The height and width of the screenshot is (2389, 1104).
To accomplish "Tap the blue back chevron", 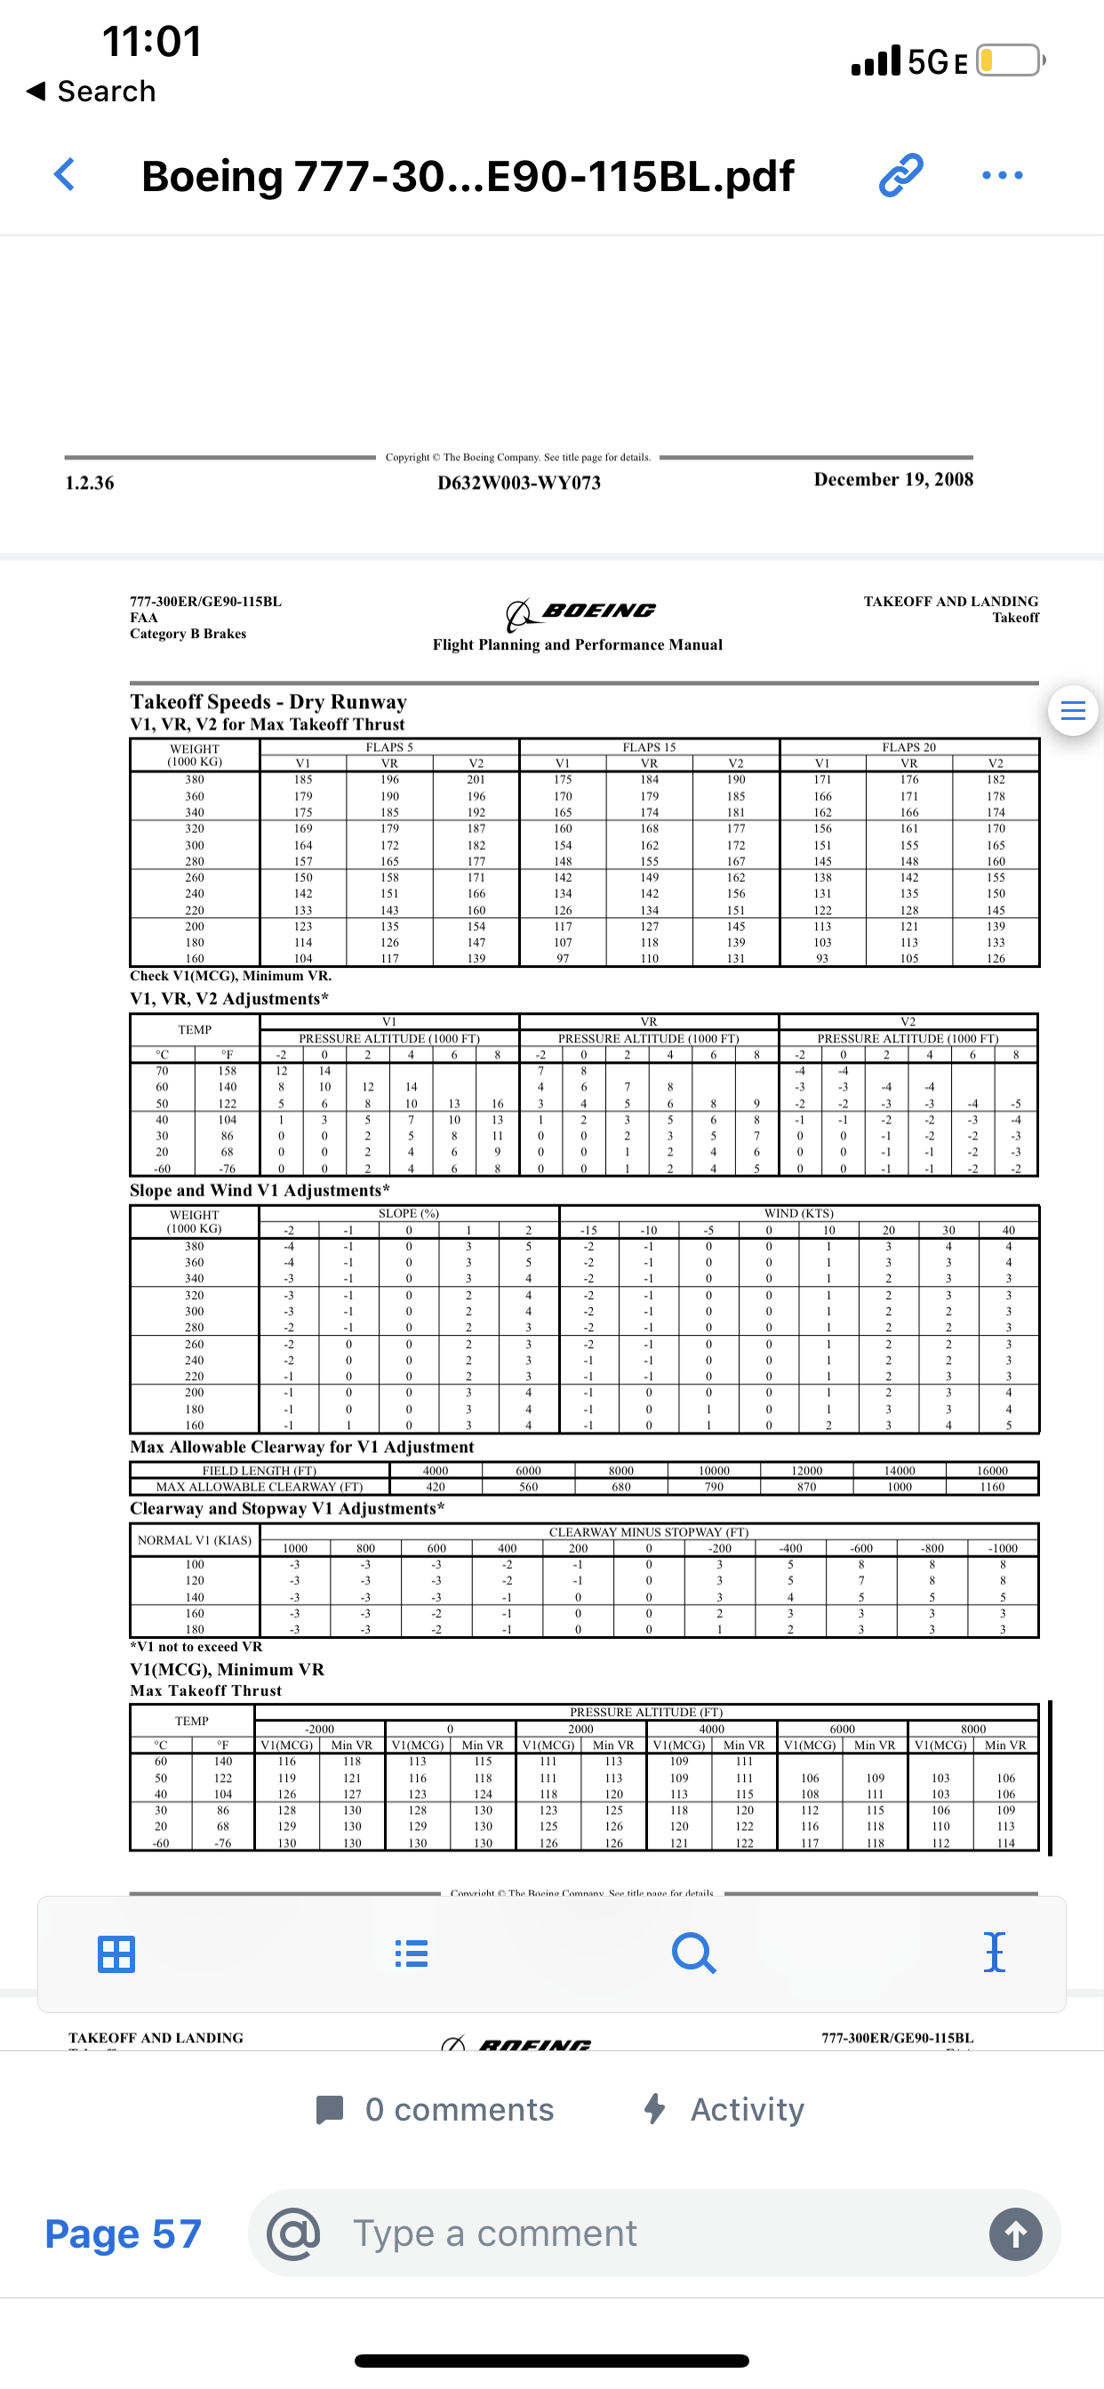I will pyautogui.click(x=64, y=174).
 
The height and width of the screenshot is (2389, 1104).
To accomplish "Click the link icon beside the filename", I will pyautogui.click(x=900, y=174).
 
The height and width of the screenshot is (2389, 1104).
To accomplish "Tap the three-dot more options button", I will pyautogui.click(x=1002, y=174).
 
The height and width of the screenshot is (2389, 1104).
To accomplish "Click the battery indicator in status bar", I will pyautogui.click(x=1010, y=61).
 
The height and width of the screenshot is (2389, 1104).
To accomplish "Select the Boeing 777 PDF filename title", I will pyautogui.click(x=467, y=176).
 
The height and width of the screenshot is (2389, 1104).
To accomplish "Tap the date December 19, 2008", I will pyautogui.click(x=892, y=479).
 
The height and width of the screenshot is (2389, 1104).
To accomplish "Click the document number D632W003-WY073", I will pyautogui.click(x=518, y=483).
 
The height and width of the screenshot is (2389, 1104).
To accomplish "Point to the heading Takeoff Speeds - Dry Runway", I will pyautogui.click(x=268, y=702).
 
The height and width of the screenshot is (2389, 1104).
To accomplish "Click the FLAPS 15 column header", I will pyautogui.click(x=649, y=747).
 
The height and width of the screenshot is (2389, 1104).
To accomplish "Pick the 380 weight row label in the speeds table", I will pyautogui.click(x=194, y=780).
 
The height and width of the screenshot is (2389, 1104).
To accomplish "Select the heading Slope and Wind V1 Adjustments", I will pyautogui.click(x=259, y=1190).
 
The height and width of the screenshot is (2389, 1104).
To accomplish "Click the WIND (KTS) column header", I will pyautogui.click(x=798, y=1213).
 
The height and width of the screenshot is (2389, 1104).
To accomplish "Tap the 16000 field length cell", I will pyautogui.click(x=991, y=1471).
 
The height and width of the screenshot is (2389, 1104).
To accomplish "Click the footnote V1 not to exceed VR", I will pyautogui.click(x=196, y=1647).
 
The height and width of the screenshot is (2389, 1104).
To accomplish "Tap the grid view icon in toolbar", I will pyautogui.click(x=116, y=1954).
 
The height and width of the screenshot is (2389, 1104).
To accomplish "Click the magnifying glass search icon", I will pyautogui.click(x=693, y=1954).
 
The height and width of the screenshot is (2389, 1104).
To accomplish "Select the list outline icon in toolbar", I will pyautogui.click(x=411, y=1954).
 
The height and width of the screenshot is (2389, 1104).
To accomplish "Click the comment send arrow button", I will pyautogui.click(x=1015, y=2234).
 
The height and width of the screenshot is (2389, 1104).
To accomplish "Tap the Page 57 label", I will pyautogui.click(x=124, y=2234).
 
